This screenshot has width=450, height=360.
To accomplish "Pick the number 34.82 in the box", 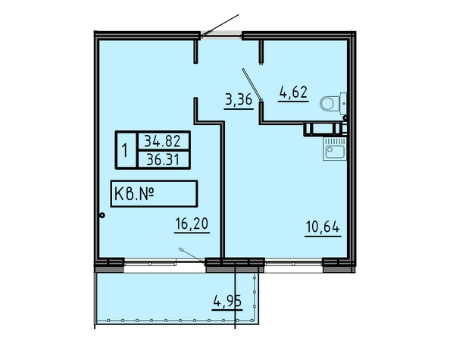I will coord(163,142).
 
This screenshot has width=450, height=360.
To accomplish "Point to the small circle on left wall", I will coord(102,215).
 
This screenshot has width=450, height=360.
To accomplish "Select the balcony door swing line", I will coord(191,255).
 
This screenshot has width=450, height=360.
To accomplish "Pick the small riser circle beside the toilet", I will coord(345,118).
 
